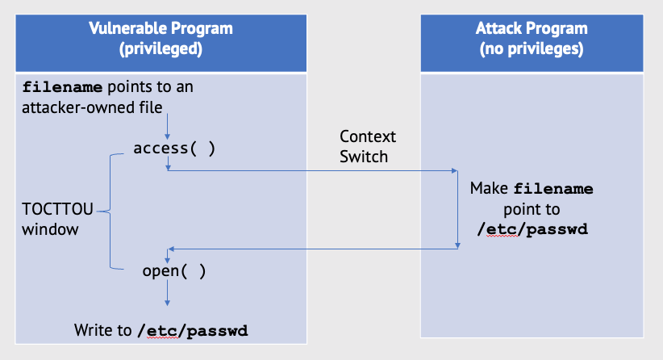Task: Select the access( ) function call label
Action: (x=174, y=149)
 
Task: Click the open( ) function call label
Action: (x=174, y=270)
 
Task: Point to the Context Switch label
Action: (x=368, y=146)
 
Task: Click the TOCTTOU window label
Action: (x=57, y=219)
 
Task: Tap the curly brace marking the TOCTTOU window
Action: (x=110, y=211)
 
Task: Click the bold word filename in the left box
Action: (x=62, y=87)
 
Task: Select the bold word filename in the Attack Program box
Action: (x=553, y=189)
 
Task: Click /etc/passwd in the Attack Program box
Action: (x=532, y=229)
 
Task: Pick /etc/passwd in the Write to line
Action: (x=193, y=330)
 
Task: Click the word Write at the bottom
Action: (x=93, y=330)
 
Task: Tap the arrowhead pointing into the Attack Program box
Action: (x=455, y=171)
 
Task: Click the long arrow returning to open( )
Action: (x=313, y=249)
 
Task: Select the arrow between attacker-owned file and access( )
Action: (x=168, y=127)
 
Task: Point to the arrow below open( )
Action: (x=168, y=293)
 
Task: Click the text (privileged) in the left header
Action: (x=161, y=48)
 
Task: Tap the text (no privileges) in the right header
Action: (x=532, y=48)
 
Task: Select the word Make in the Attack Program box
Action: (x=490, y=188)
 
